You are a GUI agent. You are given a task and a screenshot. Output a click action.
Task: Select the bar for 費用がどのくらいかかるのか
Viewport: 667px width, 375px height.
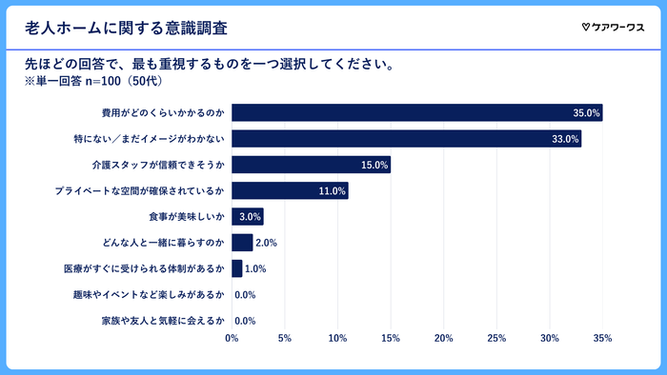click(x=416, y=113)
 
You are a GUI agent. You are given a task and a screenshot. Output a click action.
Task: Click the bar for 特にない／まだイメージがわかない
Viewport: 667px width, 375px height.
click(x=406, y=139)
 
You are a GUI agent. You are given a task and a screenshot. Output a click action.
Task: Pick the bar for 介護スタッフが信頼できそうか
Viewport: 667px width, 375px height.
click(x=311, y=165)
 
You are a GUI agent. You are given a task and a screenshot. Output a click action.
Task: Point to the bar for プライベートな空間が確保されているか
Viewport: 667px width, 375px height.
click(x=290, y=190)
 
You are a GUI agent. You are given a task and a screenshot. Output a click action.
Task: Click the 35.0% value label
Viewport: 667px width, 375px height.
click(x=586, y=113)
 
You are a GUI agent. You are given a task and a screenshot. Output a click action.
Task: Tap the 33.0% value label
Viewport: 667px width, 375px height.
click(x=565, y=139)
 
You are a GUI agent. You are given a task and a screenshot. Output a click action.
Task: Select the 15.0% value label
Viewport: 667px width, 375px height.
click(x=374, y=165)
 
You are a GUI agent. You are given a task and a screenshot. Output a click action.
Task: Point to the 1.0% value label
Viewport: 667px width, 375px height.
click(x=255, y=268)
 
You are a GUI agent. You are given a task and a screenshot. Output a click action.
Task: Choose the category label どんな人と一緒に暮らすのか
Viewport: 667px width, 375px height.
click(x=168, y=243)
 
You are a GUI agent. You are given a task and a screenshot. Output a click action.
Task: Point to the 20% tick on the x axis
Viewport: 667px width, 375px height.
click(x=443, y=338)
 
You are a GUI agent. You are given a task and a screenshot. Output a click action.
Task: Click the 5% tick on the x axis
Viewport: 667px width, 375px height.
click(x=285, y=338)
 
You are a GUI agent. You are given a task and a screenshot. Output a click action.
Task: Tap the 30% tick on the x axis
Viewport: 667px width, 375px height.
click(x=549, y=338)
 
